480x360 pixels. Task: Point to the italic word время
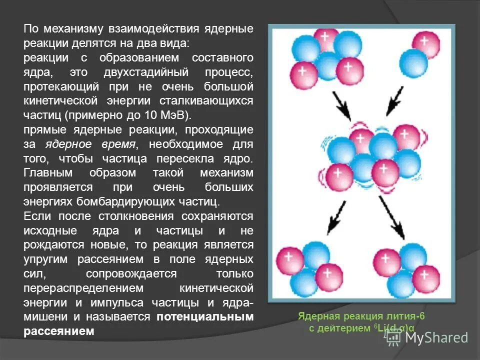point(119,144)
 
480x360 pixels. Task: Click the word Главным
point(48,173)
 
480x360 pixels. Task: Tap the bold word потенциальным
point(204,317)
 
